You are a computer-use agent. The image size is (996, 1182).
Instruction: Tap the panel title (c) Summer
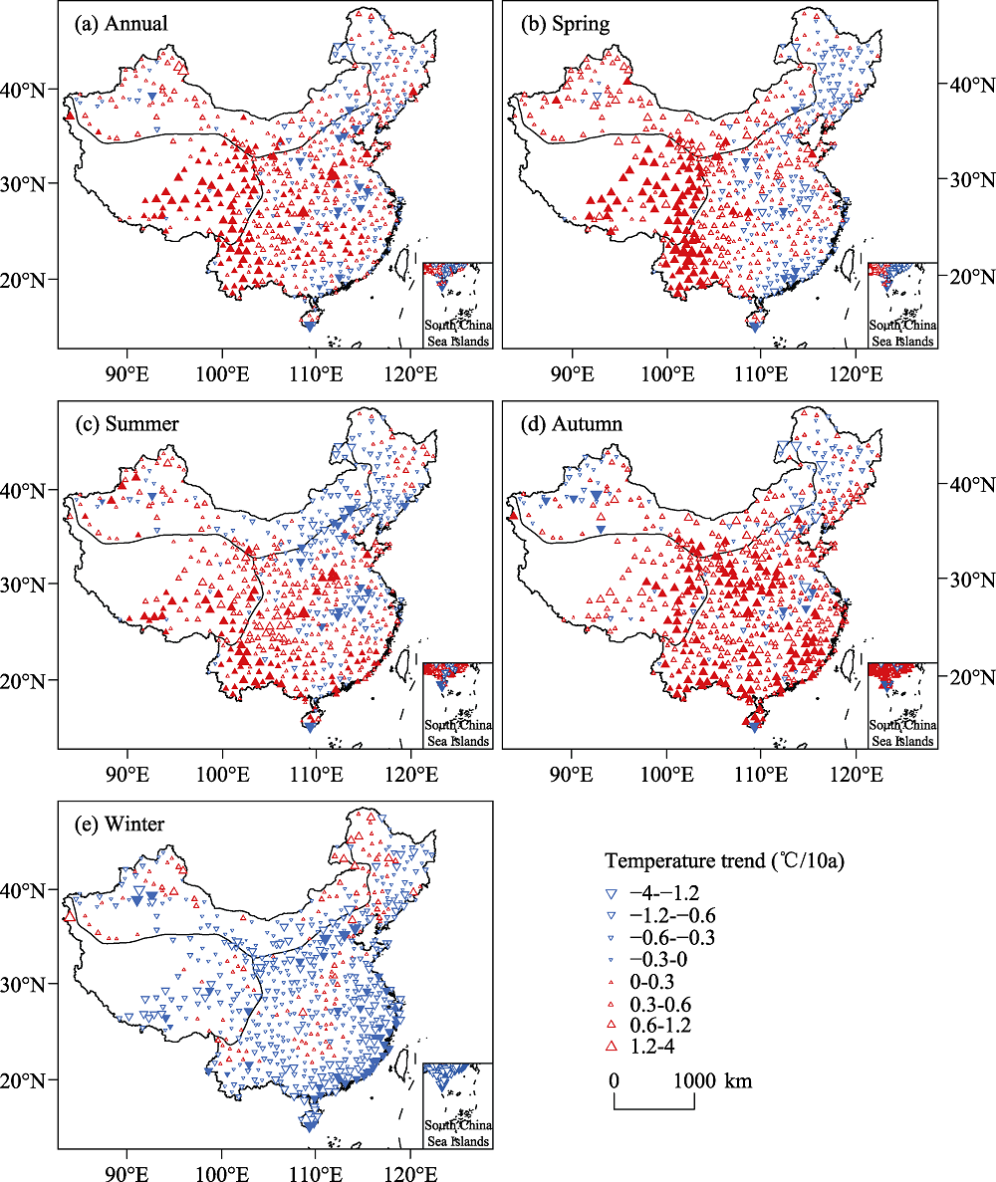click(127, 424)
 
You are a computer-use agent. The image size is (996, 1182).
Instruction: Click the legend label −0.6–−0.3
click(686, 937)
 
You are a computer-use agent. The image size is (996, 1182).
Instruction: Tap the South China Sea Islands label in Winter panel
click(458, 1133)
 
